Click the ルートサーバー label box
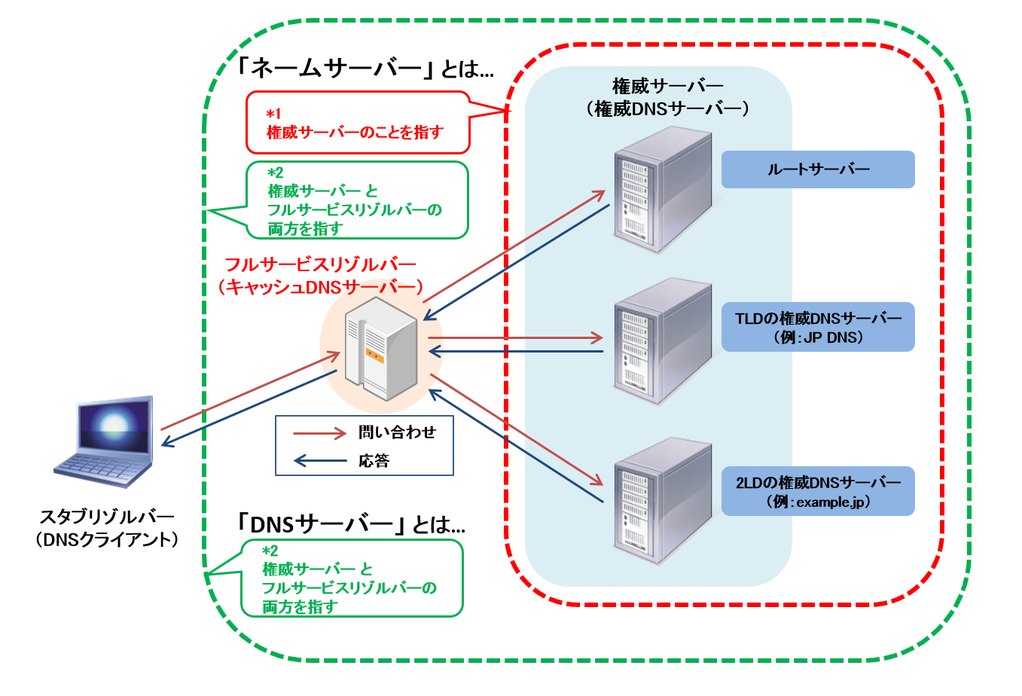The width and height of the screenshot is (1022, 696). pos(818,169)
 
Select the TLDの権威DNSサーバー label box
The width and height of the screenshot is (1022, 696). pos(818,327)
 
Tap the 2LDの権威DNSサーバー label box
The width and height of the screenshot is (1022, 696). pos(818,491)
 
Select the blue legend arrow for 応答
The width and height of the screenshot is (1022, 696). pos(320,460)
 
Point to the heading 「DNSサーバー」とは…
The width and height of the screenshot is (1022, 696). pos(349,524)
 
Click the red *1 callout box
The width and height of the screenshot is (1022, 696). pos(358,123)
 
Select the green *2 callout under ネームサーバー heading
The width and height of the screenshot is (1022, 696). pos(357,200)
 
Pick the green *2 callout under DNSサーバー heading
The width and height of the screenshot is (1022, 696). pos(351,578)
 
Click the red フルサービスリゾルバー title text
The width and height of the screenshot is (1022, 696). pos(320,276)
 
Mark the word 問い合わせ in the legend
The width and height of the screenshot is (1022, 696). pos(397,432)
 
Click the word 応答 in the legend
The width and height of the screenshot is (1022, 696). pos(374,460)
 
